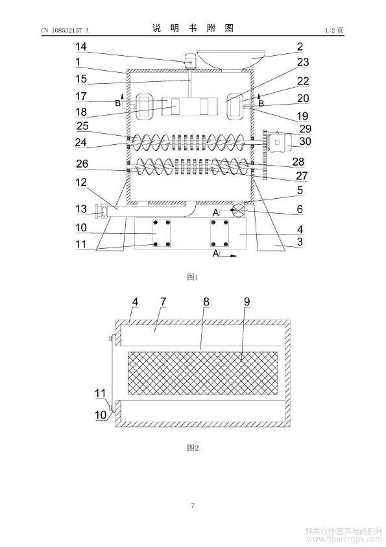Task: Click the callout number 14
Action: click(x=81, y=46)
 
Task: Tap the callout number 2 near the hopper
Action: click(x=300, y=46)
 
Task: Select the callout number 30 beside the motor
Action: click(x=305, y=141)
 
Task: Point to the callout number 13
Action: click(x=81, y=209)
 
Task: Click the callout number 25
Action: click(x=82, y=126)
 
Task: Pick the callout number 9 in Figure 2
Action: click(x=247, y=301)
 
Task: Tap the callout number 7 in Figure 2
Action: click(x=163, y=301)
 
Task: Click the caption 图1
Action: click(x=193, y=277)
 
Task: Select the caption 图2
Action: click(x=193, y=448)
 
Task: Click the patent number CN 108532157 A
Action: click(x=65, y=31)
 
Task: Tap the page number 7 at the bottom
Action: click(x=193, y=505)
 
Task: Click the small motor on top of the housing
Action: click(x=191, y=61)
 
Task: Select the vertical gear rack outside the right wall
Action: click(x=265, y=155)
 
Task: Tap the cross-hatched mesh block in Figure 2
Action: click(x=203, y=374)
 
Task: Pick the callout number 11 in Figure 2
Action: click(x=101, y=393)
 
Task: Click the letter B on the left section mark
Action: click(x=118, y=103)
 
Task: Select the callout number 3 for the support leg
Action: click(x=299, y=242)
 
